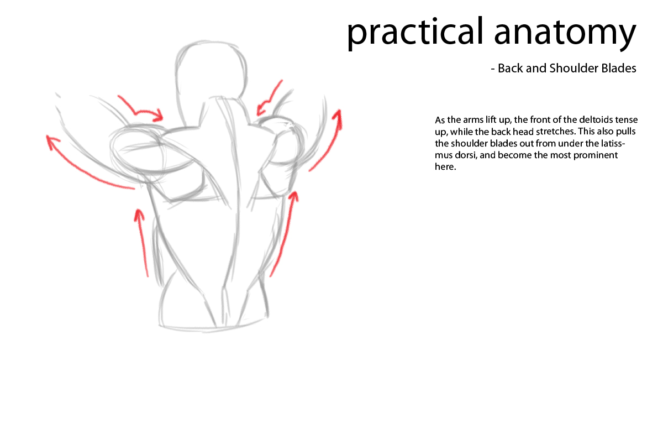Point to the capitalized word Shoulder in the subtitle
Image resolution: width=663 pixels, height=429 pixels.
tap(571, 69)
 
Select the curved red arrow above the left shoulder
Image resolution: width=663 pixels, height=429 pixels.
tap(141, 108)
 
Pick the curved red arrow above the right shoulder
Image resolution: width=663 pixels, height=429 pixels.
tap(269, 100)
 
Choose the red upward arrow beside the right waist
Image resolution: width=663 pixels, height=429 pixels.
tap(284, 232)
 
